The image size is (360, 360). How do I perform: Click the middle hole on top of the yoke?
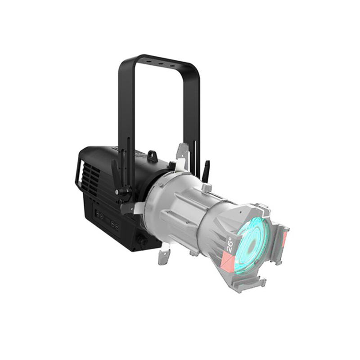click(161, 64)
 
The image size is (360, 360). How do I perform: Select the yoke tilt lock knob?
click(121, 192)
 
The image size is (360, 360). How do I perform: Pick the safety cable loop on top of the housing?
click(152, 156)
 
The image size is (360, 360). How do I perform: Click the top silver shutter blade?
click(184, 152)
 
